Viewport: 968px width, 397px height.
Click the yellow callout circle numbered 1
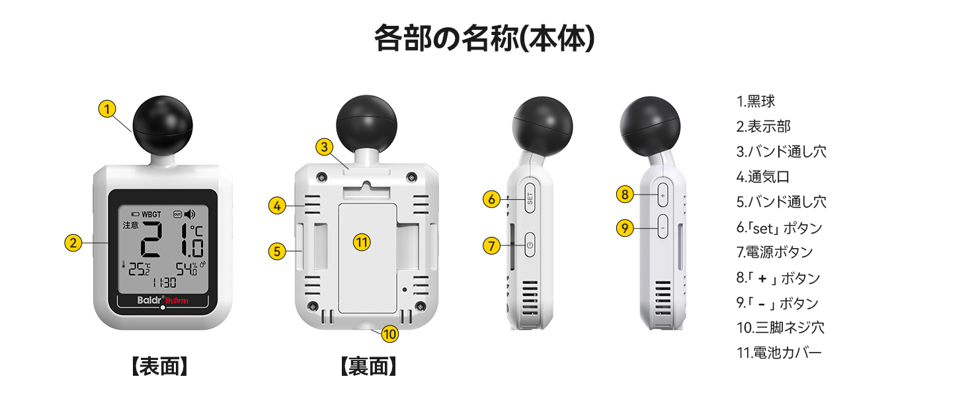[x=107, y=109]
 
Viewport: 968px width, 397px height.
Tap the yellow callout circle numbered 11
[x=362, y=243]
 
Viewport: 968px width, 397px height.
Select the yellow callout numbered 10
[x=390, y=334]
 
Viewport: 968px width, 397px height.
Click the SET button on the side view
[x=530, y=198]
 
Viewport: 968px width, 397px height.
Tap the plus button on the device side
[x=663, y=196]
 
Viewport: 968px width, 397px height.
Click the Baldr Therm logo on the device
[x=163, y=300]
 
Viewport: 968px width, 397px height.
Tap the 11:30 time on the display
[x=164, y=283]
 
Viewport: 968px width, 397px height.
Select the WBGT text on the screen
[x=151, y=214]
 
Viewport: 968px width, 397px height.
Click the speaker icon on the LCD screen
[x=190, y=214]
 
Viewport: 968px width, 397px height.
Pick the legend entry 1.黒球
[x=756, y=101]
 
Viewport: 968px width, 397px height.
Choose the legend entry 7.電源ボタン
[x=775, y=251]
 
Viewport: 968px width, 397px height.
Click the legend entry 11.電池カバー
[x=779, y=353]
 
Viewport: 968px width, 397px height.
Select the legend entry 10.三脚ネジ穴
[x=780, y=328]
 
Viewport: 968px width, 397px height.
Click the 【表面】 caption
[x=159, y=367]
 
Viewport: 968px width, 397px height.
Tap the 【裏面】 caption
[x=368, y=367]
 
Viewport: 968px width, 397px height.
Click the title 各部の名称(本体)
[x=485, y=38]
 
